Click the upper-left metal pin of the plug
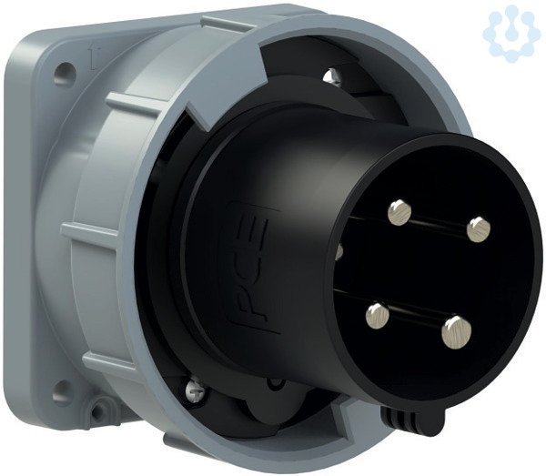pos(399,212)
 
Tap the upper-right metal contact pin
pos(479,229)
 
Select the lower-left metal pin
pos(378,315)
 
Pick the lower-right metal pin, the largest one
pos(456,331)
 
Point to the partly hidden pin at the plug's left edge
pos(339,251)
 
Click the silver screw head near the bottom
pos(197,392)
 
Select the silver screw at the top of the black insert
pos(331,76)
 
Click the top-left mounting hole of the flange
pos(65,74)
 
